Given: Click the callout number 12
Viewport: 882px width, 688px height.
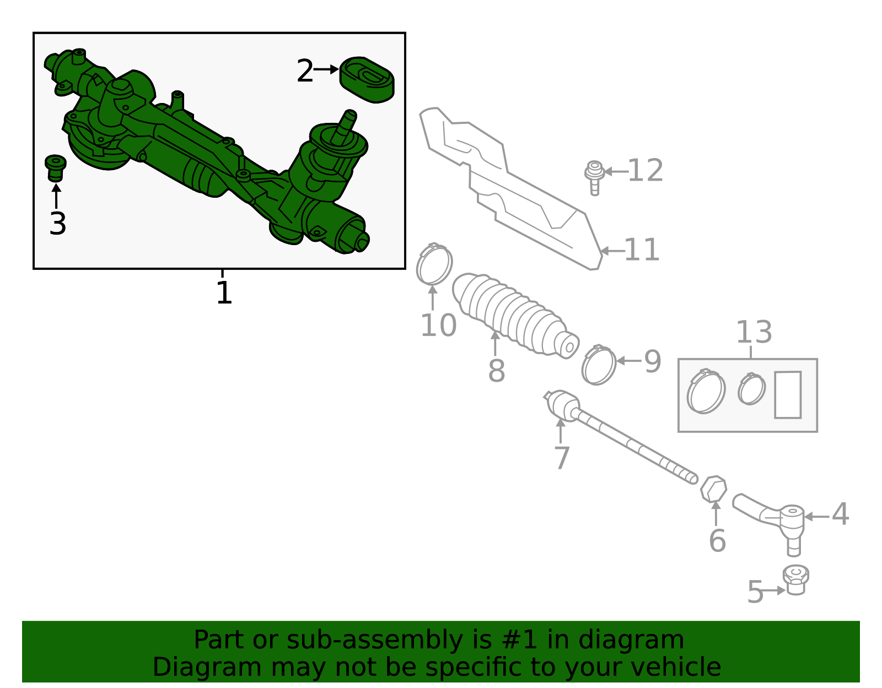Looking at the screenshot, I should click(645, 171).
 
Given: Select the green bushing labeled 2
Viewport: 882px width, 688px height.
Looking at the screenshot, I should click(367, 79).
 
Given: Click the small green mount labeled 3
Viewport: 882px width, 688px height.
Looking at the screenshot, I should click(55, 167).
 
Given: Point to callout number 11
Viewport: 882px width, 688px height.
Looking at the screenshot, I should click(642, 251).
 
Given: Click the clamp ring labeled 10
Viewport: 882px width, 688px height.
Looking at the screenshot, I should click(434, 264).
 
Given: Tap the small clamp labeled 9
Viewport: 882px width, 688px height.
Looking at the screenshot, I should click(599, 364).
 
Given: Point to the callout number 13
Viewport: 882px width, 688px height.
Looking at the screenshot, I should click(754, 332).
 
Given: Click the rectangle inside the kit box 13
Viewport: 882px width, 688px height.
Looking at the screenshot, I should click(787, 395).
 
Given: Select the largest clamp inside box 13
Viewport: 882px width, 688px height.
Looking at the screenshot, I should click(706, 392).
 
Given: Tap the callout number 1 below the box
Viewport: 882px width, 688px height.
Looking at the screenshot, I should click(224, 293).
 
